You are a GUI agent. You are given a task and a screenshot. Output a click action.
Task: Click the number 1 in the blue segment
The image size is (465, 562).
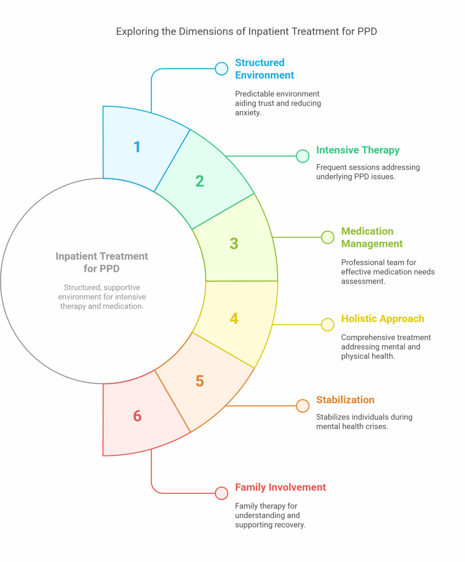click(137, 147)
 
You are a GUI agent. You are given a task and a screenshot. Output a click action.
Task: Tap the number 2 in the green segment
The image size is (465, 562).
click(199, 181)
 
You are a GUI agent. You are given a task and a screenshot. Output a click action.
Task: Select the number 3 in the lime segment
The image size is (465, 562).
click(234, 244)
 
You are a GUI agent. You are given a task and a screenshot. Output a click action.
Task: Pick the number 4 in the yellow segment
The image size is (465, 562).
click(234, 318)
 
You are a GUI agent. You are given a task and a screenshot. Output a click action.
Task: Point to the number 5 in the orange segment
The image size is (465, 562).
click(199, 381)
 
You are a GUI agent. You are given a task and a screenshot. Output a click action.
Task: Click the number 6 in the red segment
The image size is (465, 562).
click(137, 416)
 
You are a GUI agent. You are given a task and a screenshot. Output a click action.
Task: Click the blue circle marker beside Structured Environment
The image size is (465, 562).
click(221, 68)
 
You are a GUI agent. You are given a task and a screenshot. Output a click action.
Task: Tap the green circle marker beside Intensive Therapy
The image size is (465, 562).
click(303, 156)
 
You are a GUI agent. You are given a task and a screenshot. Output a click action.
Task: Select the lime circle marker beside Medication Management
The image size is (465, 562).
click(327, 237)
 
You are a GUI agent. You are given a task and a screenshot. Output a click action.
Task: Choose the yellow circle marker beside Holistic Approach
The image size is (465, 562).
click(327, 325)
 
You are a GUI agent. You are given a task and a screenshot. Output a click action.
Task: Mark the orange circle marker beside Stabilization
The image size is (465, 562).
click(303, 406)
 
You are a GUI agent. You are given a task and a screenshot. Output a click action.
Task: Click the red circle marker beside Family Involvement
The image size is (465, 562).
click(221, 493)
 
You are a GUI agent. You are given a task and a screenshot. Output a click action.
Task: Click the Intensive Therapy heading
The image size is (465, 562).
click(357, 150)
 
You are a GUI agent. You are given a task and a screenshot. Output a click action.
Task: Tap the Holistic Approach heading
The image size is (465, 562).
click(382, 319)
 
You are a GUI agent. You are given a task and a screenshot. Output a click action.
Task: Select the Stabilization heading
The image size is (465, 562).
click(345, 400)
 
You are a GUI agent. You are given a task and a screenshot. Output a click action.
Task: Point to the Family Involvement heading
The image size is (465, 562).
click(280, 487)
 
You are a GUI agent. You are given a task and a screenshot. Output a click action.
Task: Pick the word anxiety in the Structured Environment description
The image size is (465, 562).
click(248, 113)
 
